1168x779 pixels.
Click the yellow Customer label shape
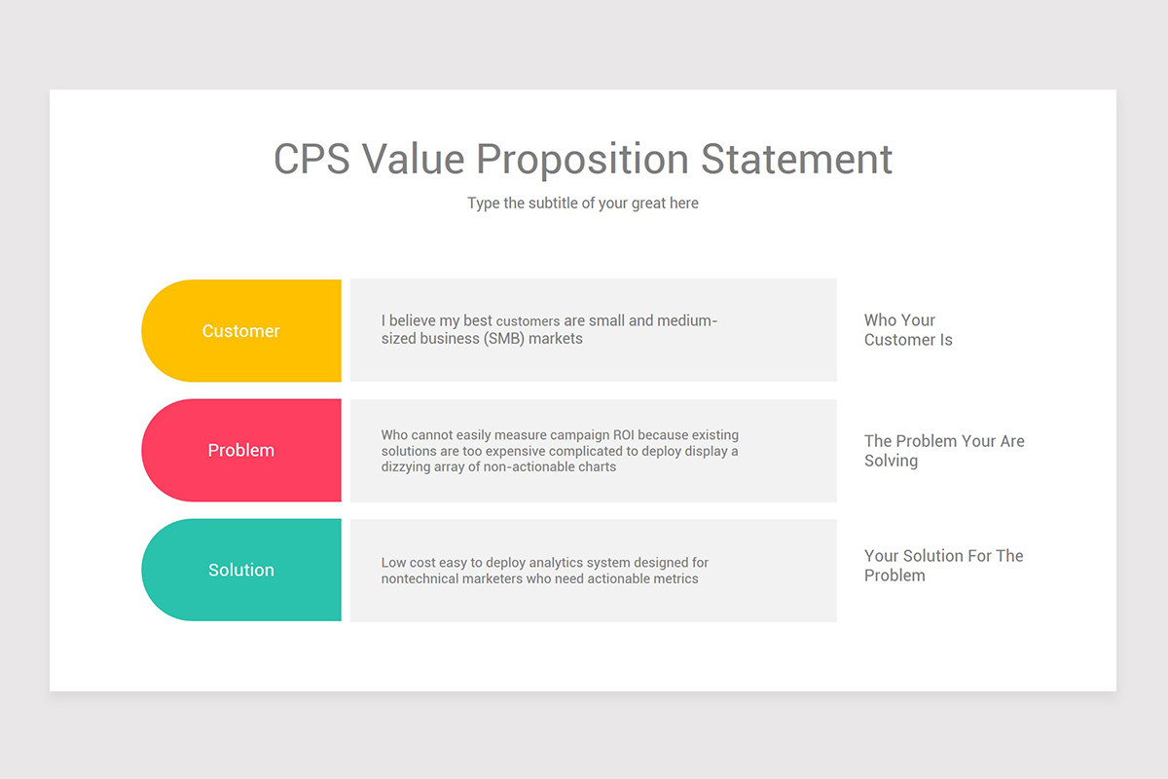pyautogui.click(x=241, y=331)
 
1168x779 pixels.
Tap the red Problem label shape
pyautogui.click(x=241, y=450)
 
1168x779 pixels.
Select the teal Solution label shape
pyautogui.click(x=241, y=570)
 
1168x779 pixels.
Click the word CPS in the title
pyautogui.click(x=311, y=159)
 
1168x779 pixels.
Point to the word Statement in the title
pyautogui.click(x=796, y=159)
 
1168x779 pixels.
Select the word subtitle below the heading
pyautogui.click(x=553, y=203)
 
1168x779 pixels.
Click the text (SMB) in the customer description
pyautogui.click(x=504, y=339)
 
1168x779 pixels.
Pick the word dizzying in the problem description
pyautogui.click(x=405, y=467)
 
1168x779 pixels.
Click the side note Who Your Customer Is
pyautogui.click(x=908, y=330)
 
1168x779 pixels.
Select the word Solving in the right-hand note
pyautogui.click(x=892, y=461)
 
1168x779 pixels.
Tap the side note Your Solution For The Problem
pyautogui.click(x=944, y=566)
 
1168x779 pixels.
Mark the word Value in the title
pyautogui.click(x=413, y=159)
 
